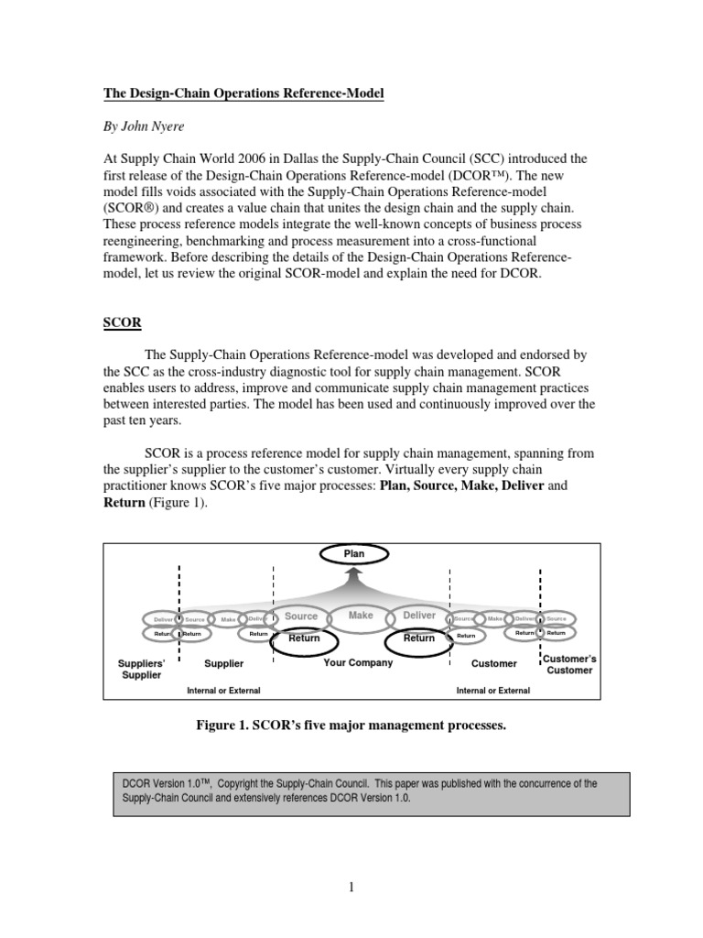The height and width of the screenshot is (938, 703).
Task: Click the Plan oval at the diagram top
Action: tap(353, 553)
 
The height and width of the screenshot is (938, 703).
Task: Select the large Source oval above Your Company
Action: tap(300, 617)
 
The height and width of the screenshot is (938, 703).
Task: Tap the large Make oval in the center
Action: tap(361, 616)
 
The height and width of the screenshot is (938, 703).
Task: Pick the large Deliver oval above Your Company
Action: tap(419, 617)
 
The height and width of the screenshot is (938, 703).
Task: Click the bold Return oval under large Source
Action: tap(305, 638)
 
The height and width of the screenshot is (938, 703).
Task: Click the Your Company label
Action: tap(358, 663)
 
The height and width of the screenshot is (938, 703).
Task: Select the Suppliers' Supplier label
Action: tap(142, 669)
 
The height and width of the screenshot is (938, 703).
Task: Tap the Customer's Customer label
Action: tap(569, 665)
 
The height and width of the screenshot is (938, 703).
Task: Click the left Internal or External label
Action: tap(223, 691)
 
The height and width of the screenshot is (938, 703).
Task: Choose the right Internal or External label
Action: tap(492, 691)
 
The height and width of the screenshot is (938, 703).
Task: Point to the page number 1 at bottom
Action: tap(351, 886)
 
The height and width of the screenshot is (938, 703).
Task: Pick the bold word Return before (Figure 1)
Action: tap(124, 502)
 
